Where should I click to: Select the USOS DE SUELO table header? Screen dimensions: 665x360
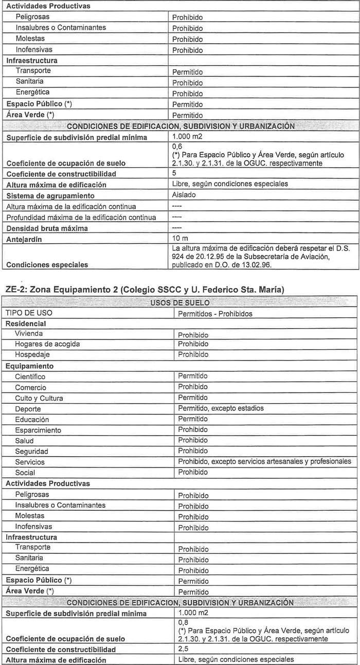[x=179, y=302]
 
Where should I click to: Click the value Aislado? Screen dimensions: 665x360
[x=185, y=195]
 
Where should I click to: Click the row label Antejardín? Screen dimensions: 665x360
[x=25, y=239]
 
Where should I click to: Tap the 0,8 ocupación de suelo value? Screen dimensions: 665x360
[x=183, y=622]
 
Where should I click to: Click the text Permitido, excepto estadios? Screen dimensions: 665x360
[x=221, y=408]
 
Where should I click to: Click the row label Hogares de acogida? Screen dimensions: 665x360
[x=47, y=344]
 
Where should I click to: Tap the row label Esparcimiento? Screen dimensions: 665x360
[x=38, y=430]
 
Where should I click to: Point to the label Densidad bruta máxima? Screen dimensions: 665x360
[x=47, y=228]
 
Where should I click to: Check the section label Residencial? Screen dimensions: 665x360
[x=26, y=323]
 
